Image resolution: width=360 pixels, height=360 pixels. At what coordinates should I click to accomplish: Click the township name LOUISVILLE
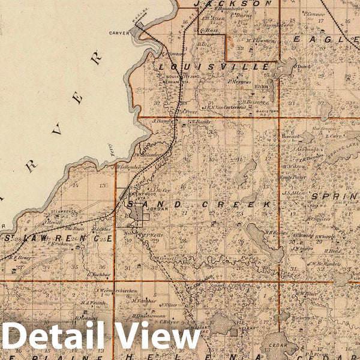click(x=213, y=67)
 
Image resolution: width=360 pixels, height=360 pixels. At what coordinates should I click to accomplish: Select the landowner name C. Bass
click(x=211, y=29)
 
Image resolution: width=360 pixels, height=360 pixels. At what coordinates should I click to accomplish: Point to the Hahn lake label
click(x=260, y=86)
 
